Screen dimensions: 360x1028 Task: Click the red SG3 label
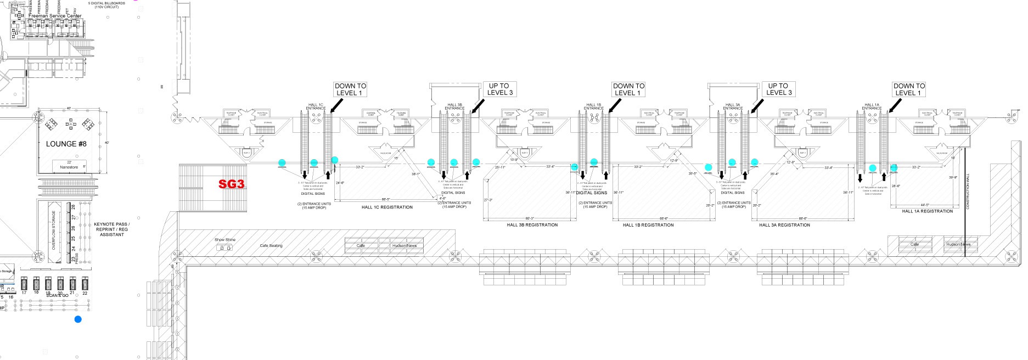coord(231,184)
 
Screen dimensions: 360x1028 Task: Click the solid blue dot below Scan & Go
coord(78,319)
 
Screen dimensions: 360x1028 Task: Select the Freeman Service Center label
coord(55,16)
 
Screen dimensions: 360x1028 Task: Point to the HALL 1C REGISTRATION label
coord(387,207)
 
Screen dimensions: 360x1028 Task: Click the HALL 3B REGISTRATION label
coord(532,225)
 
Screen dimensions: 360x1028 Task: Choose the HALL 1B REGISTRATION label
coord(648,225)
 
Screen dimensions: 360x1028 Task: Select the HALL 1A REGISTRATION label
coord(928,211)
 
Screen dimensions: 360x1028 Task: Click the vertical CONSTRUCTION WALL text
coord(968,192)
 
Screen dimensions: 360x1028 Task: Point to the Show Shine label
coord(224,240)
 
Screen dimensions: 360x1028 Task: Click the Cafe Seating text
coord(271,246)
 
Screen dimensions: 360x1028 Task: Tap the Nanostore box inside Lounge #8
coord(69,166)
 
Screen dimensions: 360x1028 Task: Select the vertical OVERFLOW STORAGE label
coord(54,231)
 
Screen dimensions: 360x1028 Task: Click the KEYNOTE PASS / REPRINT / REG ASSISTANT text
coord(112,229)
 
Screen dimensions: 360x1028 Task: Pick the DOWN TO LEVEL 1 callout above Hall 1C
coord(350,89)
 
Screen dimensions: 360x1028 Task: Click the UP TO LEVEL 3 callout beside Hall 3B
coord(499,89)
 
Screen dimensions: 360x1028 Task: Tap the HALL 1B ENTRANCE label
coord(593,106)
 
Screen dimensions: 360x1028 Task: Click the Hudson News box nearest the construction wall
coord(958,244)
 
